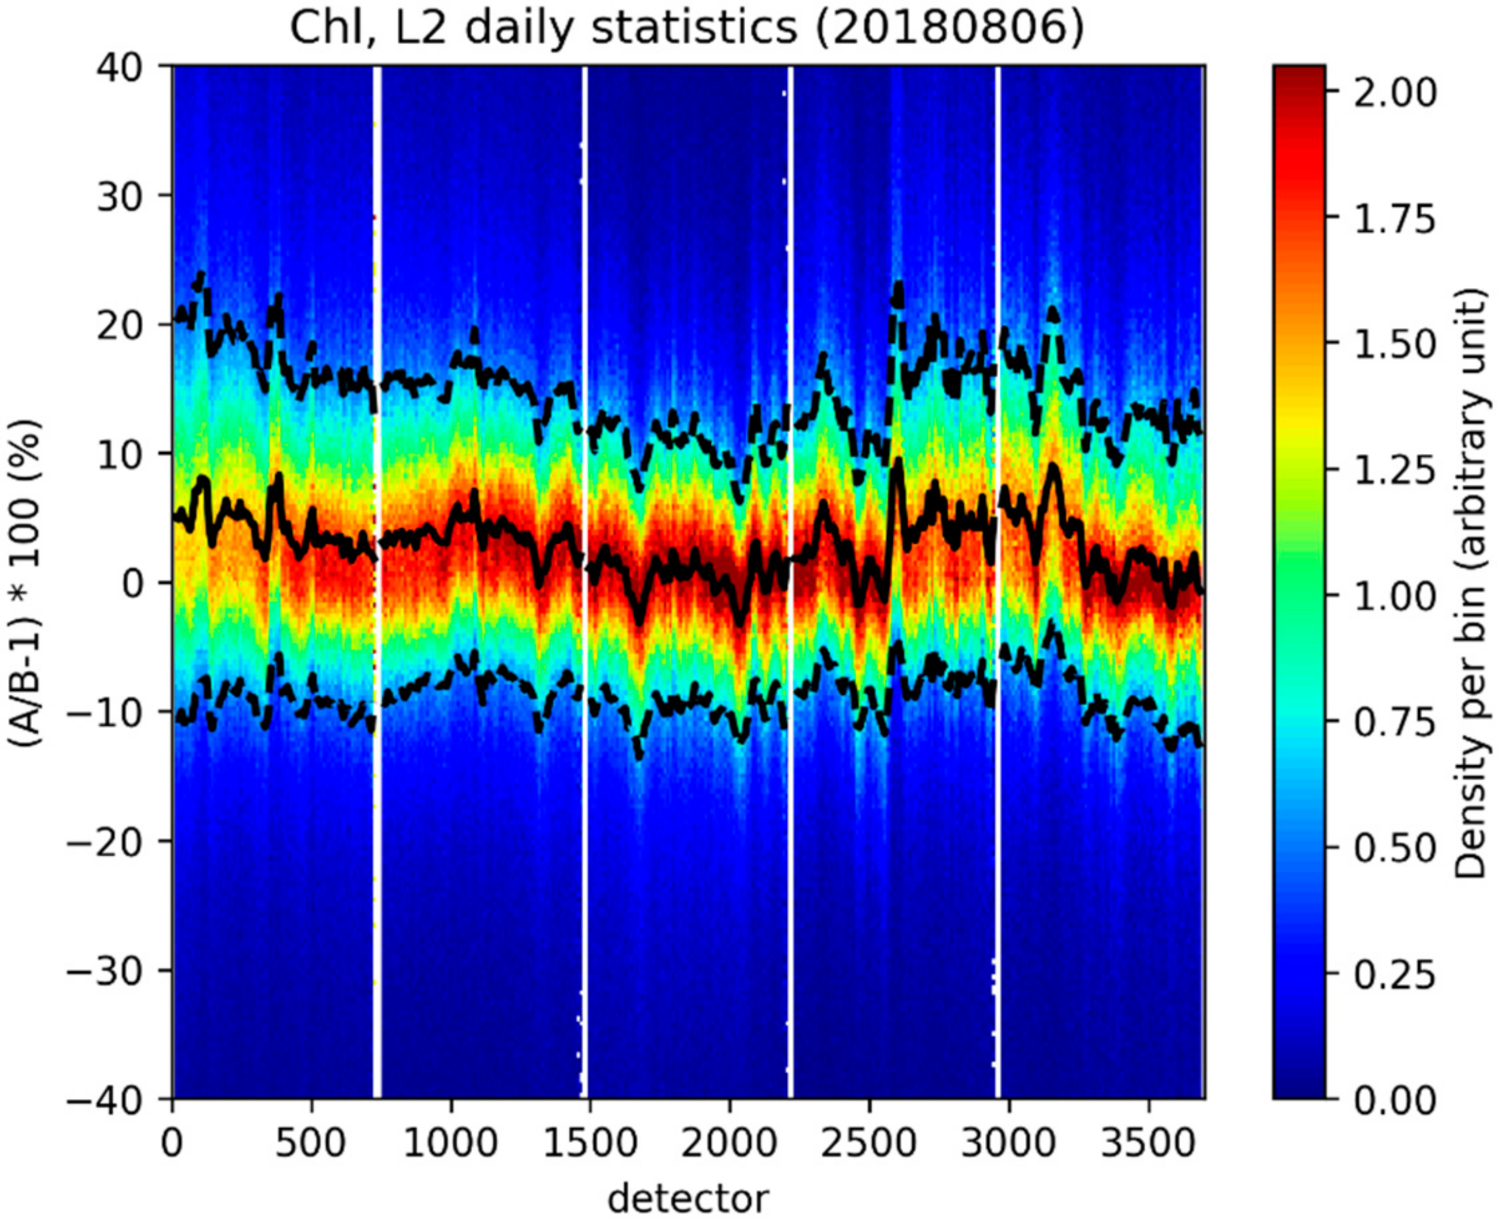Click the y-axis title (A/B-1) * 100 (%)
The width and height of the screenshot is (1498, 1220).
(27, 583)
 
